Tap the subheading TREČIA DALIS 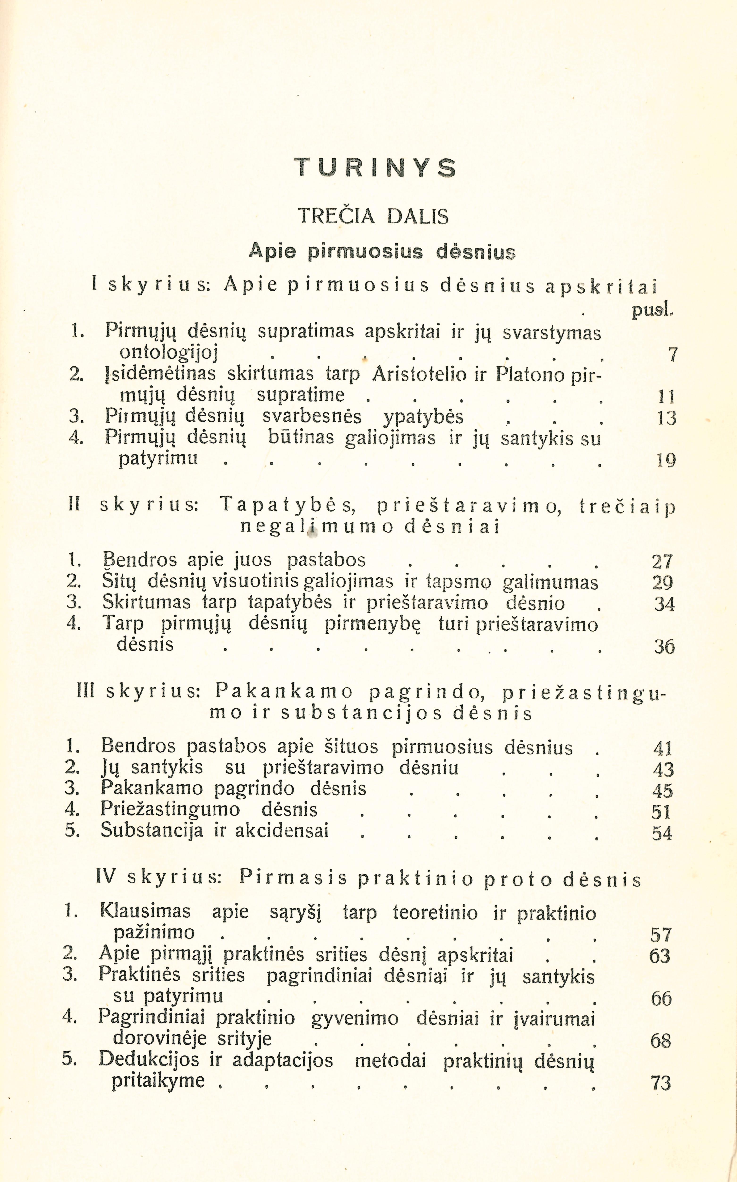point(373,216)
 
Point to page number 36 point(664,647)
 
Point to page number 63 point(660,955)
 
